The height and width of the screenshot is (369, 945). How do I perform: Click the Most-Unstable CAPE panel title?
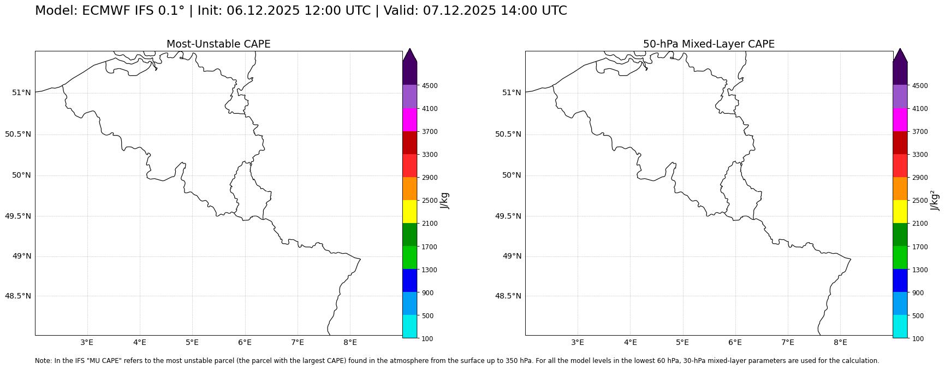point(218,44)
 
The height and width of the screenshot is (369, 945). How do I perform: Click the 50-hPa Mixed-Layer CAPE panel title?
point(709,44)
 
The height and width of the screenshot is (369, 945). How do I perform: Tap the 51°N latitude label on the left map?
point(21,92)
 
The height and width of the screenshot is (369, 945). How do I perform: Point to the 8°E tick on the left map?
point(350,343)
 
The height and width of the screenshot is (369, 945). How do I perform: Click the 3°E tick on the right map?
point(578,343)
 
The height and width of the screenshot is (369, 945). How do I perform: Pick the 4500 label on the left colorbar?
point(429,86)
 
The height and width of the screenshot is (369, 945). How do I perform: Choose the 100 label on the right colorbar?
point(917,339)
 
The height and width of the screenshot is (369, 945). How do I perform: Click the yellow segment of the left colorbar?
point(409,212)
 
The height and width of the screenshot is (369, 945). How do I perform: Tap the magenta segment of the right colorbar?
point(900,120)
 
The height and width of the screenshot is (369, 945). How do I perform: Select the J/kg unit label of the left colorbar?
point(445,201)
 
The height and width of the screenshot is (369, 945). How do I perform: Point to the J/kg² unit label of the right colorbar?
point(935,201)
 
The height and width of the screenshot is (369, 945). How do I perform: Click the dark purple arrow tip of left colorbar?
point(409,55)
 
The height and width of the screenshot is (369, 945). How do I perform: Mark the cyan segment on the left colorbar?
point(409,327)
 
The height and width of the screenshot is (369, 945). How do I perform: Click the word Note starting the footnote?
point(43,361)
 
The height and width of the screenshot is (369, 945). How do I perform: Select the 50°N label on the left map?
point(21,175)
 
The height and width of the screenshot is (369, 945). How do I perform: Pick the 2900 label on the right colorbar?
point(920,178)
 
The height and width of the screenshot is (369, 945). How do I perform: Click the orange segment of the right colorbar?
point(900,189)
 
